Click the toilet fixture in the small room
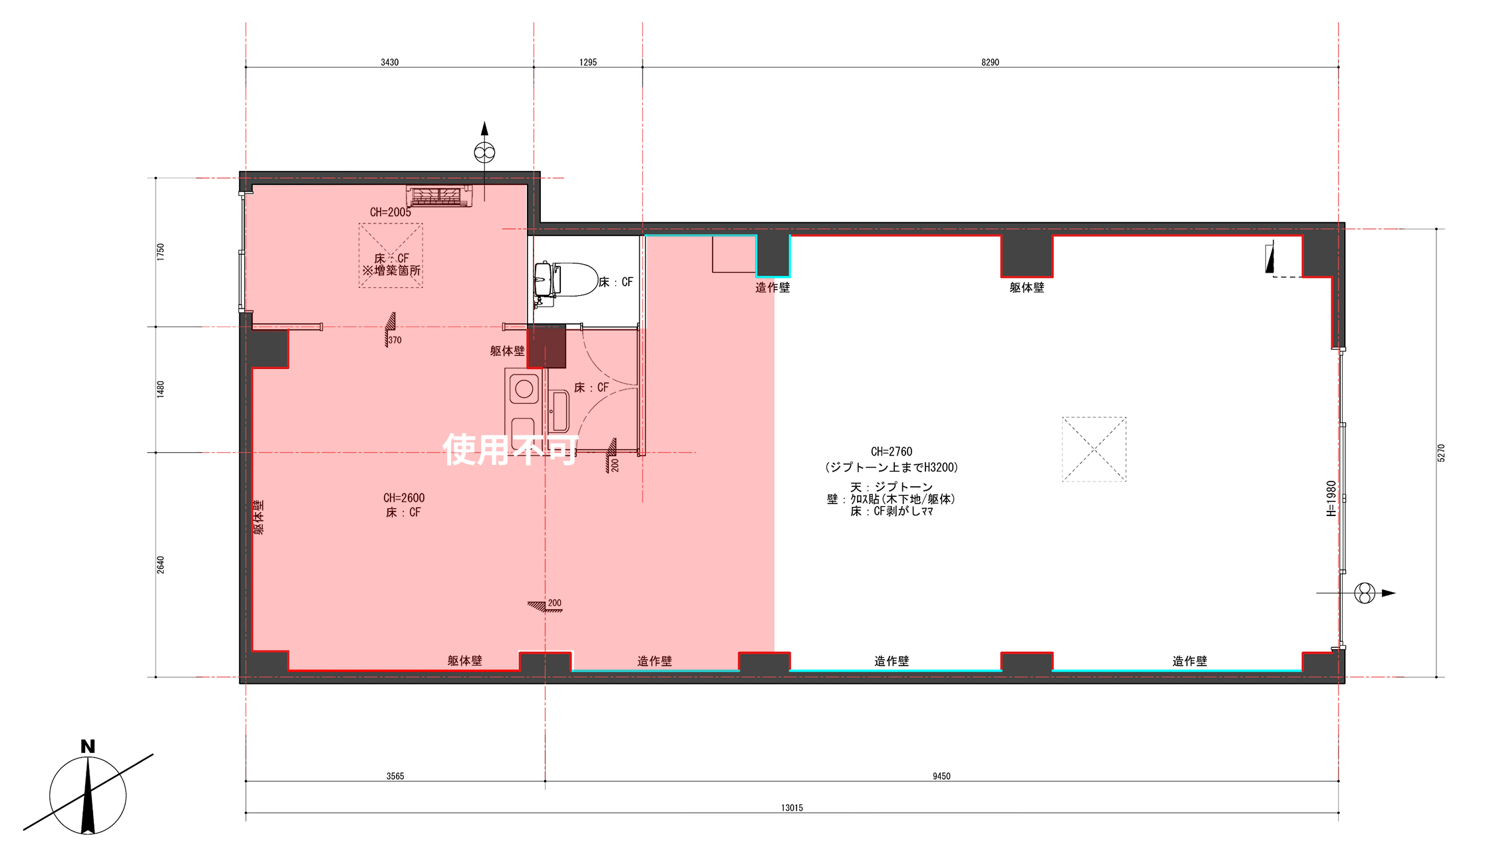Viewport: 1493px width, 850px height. [x=566, y=280]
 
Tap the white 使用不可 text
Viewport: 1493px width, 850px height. [x=510, y=450]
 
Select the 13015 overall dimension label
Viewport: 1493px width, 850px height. [x=792, y=808]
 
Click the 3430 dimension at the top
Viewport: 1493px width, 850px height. [x=390, y=63]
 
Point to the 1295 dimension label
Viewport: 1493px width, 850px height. [x=588, y=63]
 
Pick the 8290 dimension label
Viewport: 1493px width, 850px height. [x=990, y=63]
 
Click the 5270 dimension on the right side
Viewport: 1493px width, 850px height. [x=1441, y=453]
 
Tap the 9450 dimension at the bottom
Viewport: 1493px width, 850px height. [x=941, y=776]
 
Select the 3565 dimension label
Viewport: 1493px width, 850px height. [x=395, y=776]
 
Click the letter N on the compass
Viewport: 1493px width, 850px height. [x=88, y=746]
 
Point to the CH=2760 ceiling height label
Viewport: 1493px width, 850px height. [x=892, y=452]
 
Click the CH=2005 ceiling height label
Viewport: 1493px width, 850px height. [x=391, y=212]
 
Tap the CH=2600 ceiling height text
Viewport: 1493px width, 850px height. [x=404, y=497]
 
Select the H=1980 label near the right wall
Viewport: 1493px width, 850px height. [x=1331, y=498]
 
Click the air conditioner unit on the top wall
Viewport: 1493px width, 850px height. [x=439, y=196]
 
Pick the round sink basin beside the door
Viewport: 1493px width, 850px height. [x=524, y=389]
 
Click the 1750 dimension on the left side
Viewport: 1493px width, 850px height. [x=160, y=252]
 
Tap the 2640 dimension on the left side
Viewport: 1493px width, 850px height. [x=160, y=565]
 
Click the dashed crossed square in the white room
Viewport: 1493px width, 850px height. [x=1094, y=449]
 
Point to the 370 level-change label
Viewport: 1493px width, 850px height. [x=395, y=340]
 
